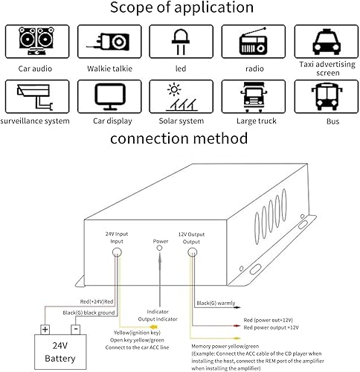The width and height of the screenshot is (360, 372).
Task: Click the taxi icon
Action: coord(327,42)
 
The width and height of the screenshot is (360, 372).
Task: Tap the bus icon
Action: coord(327,97)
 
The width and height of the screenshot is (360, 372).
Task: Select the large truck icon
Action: coord(254,97)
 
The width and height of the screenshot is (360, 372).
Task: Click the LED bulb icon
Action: coord(181,42)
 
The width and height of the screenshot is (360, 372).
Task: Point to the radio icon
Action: coord(253,41)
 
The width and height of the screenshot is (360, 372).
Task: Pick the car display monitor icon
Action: coord(110,97)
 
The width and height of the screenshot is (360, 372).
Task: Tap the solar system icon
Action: coord(181,97)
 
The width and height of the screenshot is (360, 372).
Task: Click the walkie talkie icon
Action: coord(108,42)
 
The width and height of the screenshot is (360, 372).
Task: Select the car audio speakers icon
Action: coord(36,41)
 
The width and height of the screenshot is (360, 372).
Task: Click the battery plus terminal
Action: coord(45,330)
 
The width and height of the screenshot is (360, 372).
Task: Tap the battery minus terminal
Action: coord(75,330)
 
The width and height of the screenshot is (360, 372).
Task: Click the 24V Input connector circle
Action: coord(117,252)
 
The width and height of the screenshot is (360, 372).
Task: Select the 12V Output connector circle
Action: coord(192,252)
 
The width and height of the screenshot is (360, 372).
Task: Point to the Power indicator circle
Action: coord(160,248)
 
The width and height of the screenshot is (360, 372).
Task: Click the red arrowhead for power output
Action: coord(237,326)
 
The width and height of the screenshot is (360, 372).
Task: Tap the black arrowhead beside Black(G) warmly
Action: coord(237,307)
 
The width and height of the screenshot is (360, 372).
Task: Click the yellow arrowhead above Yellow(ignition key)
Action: coord(154,327)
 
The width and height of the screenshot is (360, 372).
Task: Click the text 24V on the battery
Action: coord(60,345)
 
